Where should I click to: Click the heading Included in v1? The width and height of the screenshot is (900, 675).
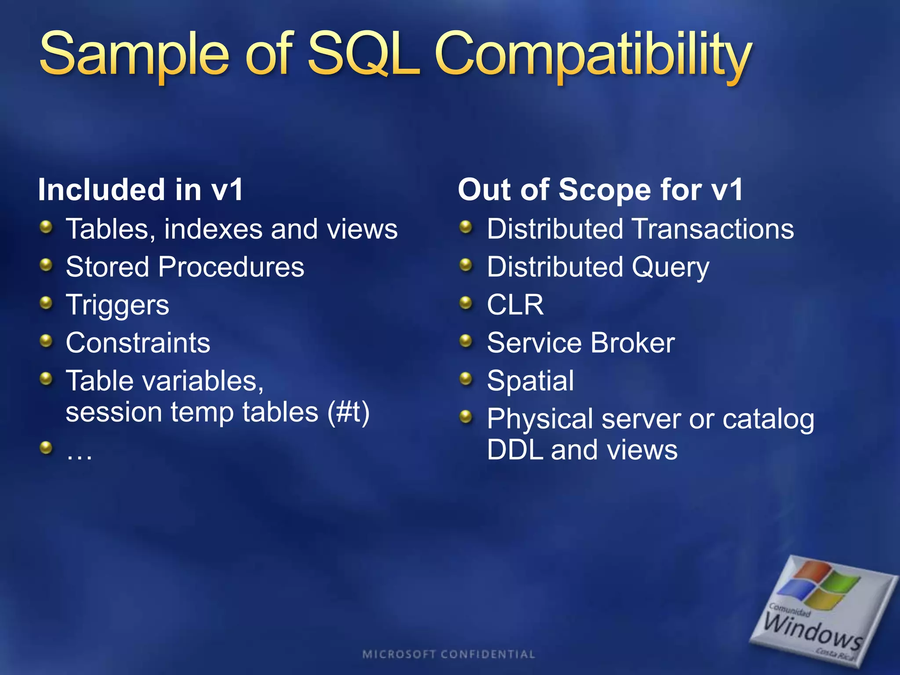[140, 190]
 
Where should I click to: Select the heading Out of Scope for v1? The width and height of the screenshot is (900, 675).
[600, 190]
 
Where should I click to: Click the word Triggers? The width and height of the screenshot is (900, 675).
[117, 305]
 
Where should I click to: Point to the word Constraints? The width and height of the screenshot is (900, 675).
[138, 343]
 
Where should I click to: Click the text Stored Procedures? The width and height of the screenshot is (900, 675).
[185, 267]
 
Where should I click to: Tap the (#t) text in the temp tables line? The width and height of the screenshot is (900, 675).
[348, 412]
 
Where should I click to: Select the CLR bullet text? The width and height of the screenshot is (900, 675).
[515, 305]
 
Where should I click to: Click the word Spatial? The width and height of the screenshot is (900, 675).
[530, 381]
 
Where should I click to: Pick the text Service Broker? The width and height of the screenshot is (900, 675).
[581, 343]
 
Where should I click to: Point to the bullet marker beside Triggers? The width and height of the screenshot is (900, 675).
[46, 303]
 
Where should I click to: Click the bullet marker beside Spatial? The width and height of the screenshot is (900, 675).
[466, 378]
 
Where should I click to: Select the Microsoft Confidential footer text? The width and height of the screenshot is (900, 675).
[449, 654]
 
